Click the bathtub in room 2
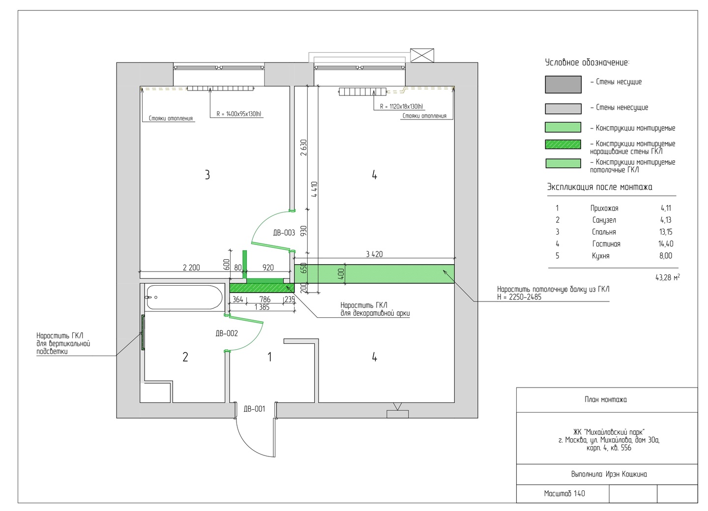click(184, 297)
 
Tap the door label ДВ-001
click(254, 409)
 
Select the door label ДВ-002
click(227, 333)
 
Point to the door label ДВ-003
click(284, 233)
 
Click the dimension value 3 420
click(374, 254)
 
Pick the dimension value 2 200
click(192, 268)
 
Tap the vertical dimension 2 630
click(304, 148)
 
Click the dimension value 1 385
click(262, 307)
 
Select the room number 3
click(207, 175)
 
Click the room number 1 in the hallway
click(269, 357)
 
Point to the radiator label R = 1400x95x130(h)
click(239, 114)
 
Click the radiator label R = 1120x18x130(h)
click(401, 107)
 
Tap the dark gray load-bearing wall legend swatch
click(563, 85)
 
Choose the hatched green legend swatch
click(563, 144)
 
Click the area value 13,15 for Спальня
click(666, 232)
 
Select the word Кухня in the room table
click(600, 256)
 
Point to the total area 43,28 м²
click(668, 277)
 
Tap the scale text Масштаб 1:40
click(564, 494)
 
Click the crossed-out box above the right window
click(422, 56)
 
